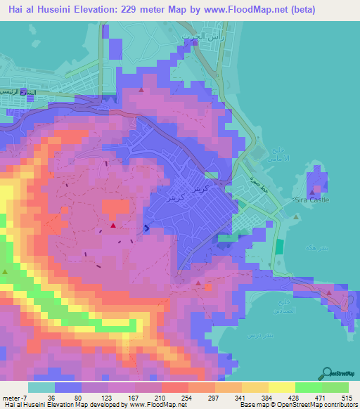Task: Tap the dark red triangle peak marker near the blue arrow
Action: pyautogui.click(x=112, y=226)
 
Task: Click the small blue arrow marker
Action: pyautogui.click(x=146, y=228)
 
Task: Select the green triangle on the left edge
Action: pyautogui.click(x=6, y=271)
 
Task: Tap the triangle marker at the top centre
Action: pyautogui.click(x=142, y=90)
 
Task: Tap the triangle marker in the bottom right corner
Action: pyautogui.click(x=328, y=293)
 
